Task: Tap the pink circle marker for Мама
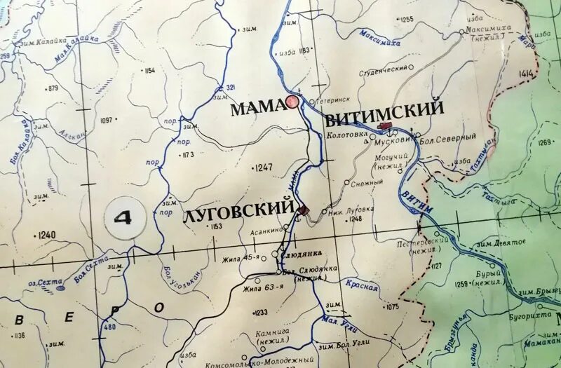(x=292, y=103)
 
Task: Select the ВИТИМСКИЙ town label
(x=385, y=109)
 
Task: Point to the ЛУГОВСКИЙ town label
(x=237, y=210)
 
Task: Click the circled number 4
(x=122, y=218)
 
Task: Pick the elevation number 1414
(x=527, y=73)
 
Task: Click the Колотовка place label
(x=347, y=135)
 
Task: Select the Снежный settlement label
(x=367, y=183)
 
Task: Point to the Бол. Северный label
(x=448, y=137)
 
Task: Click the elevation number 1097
(x=107, y=121)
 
